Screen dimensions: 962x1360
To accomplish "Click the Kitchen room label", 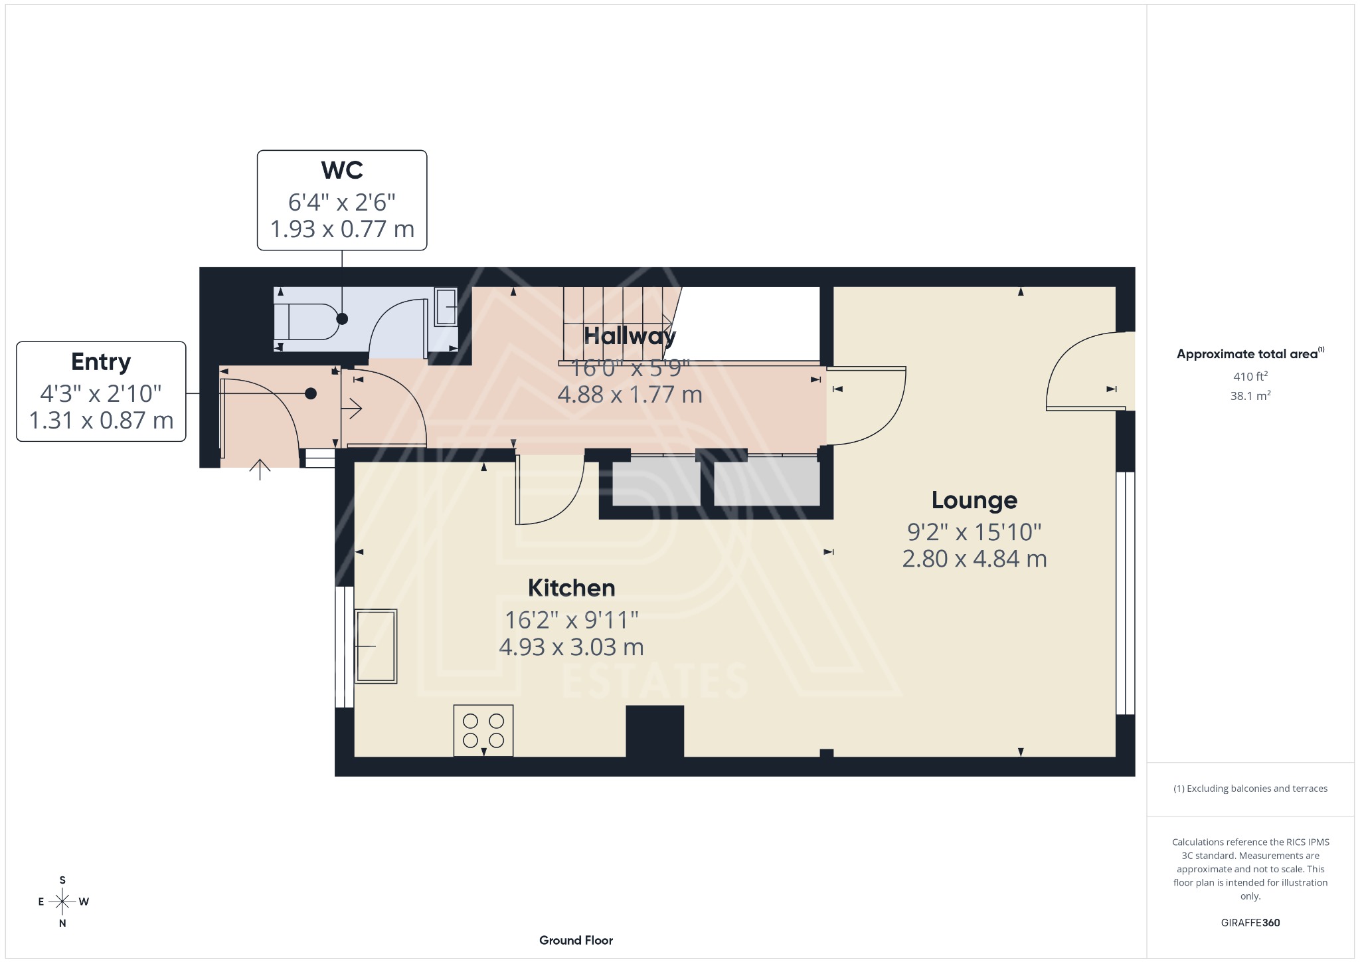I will tap(571, 588).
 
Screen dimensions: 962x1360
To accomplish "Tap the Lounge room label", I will tap(974, 500).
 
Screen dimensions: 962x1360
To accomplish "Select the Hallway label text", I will tap(629, 336).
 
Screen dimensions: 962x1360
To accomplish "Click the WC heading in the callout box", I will tap(342, 170).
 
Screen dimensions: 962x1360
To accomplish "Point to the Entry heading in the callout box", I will tap(101, 361).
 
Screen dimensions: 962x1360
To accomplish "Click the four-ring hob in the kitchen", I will tap(483, 730).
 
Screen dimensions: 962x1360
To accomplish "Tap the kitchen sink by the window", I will tap(376, 646).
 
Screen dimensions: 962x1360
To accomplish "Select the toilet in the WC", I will tap(307, 322).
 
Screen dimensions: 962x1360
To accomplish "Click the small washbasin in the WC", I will tap(446, 307).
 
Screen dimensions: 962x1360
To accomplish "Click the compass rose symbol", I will tap(62, 902).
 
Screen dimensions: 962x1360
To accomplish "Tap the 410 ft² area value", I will tap(1250, 376).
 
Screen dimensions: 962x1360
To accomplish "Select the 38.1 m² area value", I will tap(1250, 396).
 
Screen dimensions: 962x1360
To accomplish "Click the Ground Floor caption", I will tap(576, 940).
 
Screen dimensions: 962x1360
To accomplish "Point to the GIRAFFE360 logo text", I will tap(1250, 922).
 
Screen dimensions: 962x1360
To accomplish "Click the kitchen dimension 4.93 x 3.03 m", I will tap(571, 646).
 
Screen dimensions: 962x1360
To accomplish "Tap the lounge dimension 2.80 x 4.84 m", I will tap(974, 559).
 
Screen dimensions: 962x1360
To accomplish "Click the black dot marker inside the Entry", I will tap(310, 394).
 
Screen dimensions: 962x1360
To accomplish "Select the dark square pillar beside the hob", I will tap(655, 731).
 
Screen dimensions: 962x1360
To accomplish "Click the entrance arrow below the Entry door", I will tap(260, 469).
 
